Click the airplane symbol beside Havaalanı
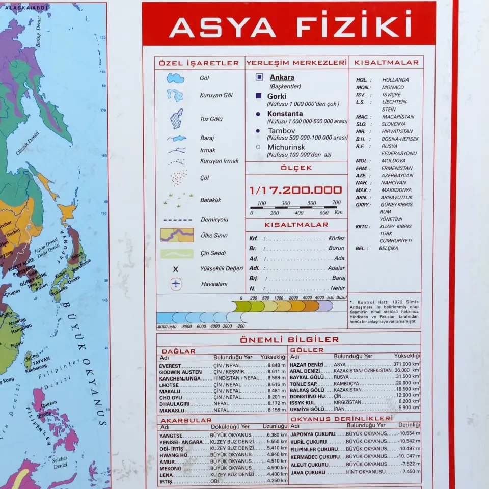click(176, 284)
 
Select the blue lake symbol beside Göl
click(176, 78)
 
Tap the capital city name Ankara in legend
click(282, 78)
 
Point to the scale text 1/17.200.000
click(295, 191)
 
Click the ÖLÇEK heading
click(296, 168)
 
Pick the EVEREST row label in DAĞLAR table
click(170, 366)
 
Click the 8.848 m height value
click(277, 366)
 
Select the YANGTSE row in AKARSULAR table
click(171, 436)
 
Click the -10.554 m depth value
click(409, 434)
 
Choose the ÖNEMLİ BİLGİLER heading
click(289, 339)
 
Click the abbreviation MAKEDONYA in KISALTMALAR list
click(396, 190)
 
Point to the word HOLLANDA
click(395, 80)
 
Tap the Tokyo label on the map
click(76, 255)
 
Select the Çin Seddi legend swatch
click(177, 253)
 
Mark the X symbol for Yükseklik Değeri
click(176, 269)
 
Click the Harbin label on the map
click(13, 231)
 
